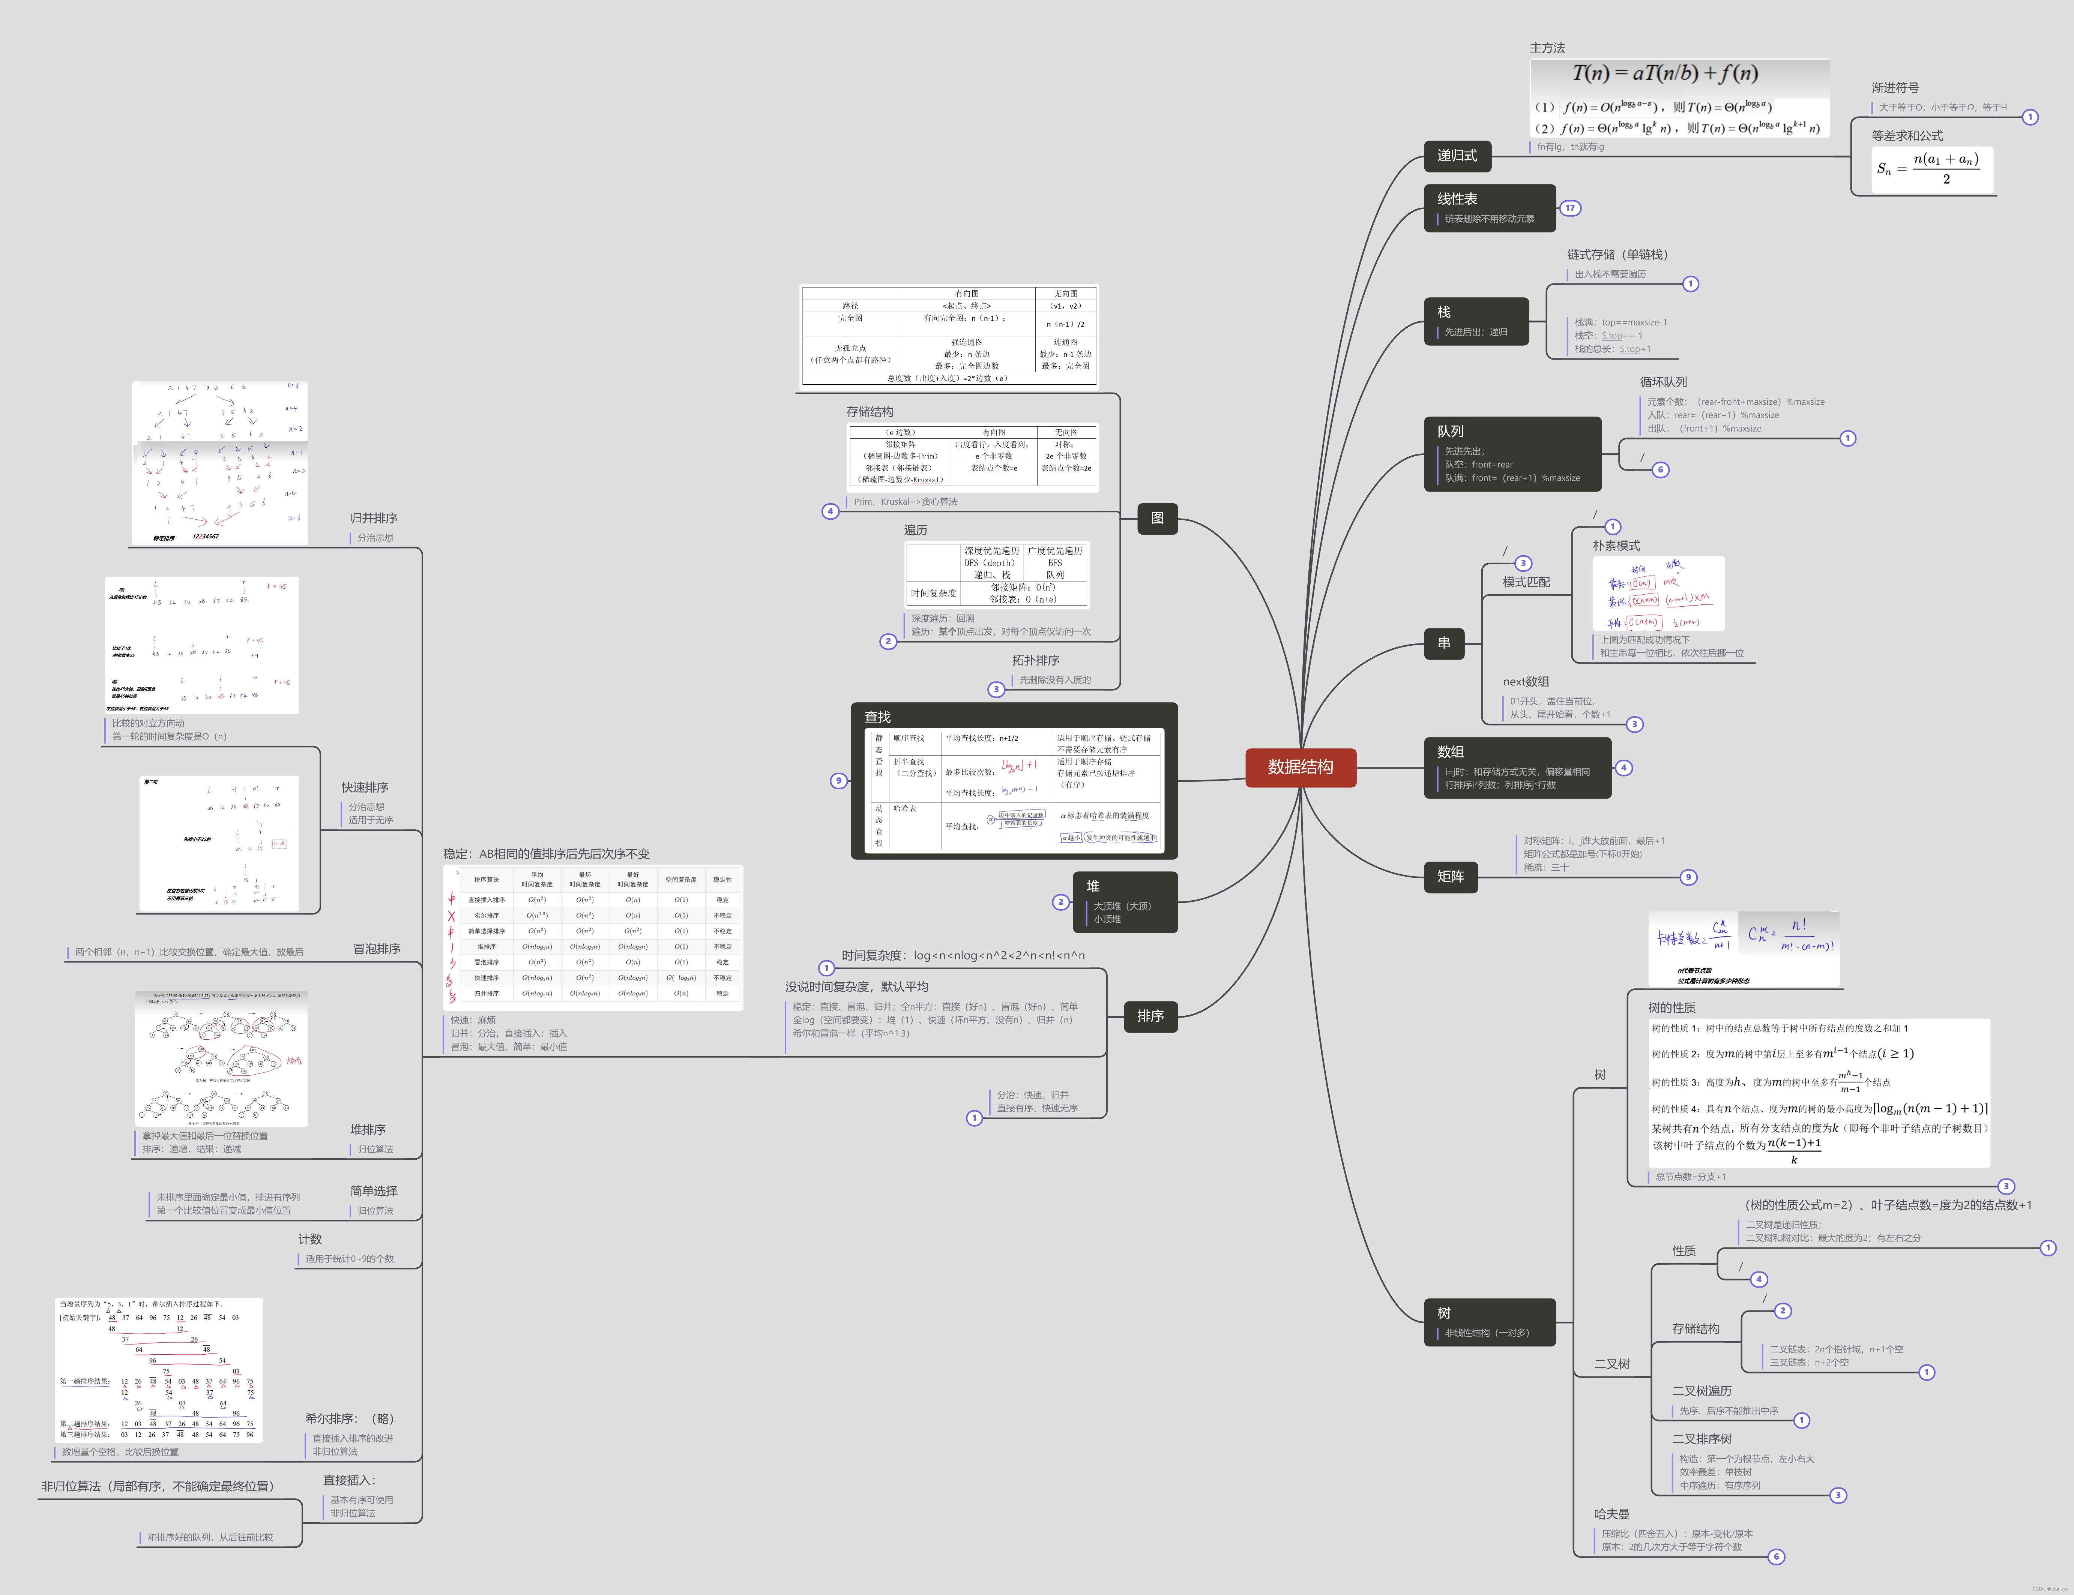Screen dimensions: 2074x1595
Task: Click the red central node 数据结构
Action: click(x=1300, y=767)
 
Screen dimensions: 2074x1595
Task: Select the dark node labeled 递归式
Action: click(x=1457, y=156)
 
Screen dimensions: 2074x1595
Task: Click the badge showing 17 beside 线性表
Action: click(x=1570, y=208)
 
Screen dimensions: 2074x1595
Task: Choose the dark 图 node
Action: click(x=1156, y=519)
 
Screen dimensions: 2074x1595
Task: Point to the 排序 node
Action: click(x=1150, y=1016)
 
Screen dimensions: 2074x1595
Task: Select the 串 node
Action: click(x=1443, y=644)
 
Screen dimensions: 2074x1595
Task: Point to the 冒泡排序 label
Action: click(x=376, y=949)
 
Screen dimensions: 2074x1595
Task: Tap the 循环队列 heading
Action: click(x=1663, y=382)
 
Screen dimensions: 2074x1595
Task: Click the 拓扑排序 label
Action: click(x=1035, y=660)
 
